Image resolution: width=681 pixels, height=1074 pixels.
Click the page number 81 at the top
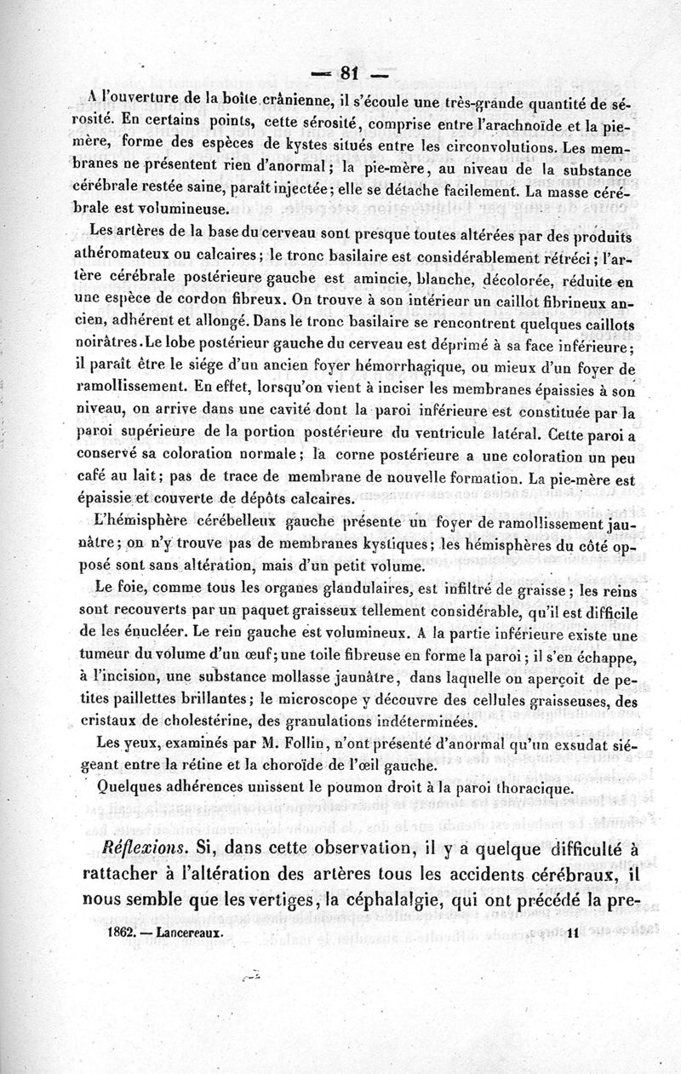click(352, 72)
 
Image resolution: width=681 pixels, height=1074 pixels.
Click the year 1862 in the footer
click(123, 932)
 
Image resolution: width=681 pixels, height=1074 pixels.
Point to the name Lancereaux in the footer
click(190, 932)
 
